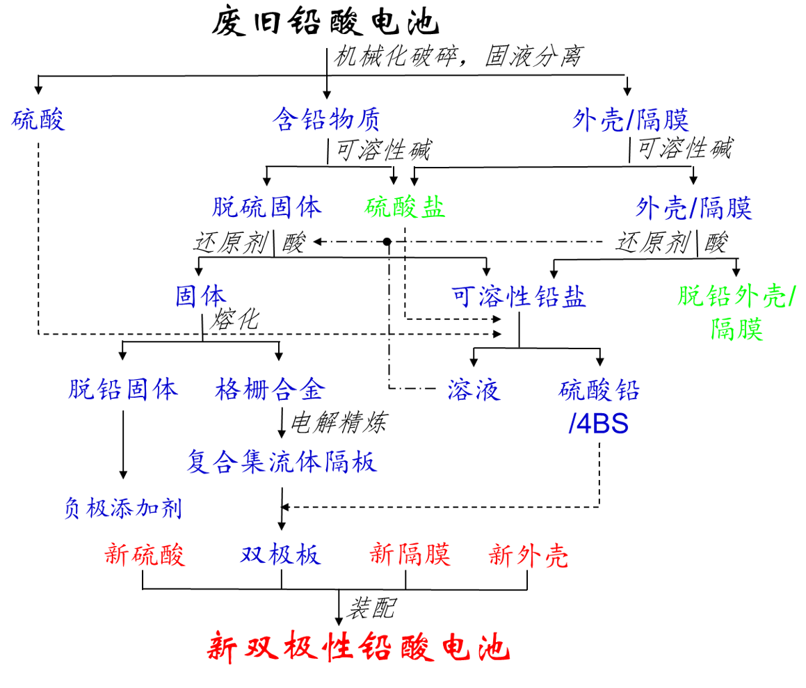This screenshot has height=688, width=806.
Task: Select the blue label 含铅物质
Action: point(326,120)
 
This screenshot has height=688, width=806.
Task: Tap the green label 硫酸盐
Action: point(405,207)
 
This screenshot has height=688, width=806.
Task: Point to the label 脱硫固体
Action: point(267,207)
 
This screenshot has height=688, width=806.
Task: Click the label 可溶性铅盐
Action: point(519,297)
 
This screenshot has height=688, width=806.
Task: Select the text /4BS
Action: point(599,424)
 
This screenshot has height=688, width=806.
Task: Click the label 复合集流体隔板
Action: point(282,461)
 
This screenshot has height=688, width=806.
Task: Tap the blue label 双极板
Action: point(281,554)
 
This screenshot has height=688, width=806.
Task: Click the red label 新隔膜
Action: point(410,554)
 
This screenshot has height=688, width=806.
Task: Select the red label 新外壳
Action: point(529,554)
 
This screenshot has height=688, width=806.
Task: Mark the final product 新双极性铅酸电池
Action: point(359,648)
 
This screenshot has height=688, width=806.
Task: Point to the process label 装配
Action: point(372,607)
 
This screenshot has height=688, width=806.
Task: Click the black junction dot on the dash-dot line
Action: point(388,241)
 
